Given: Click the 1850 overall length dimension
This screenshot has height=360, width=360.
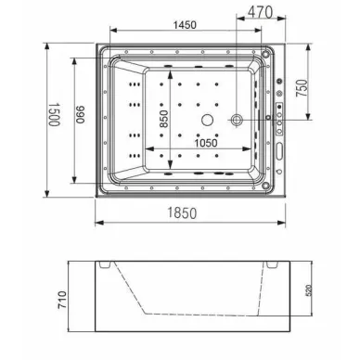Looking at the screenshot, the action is [182, 213].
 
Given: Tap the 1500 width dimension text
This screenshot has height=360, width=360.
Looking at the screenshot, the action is [55, 114].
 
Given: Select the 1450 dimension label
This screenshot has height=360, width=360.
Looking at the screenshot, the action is [185, 25].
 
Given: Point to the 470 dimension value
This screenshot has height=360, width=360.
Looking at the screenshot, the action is [261, 13].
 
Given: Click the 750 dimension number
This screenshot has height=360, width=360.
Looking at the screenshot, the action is [302, 88].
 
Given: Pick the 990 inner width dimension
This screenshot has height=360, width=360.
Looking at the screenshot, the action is [80, 115].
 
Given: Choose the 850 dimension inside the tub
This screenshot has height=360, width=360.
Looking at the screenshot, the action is [163, 119].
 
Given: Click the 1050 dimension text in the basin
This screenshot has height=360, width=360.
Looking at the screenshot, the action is [206, 143].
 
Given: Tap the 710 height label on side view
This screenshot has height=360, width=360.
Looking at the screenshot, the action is [62, 301].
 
